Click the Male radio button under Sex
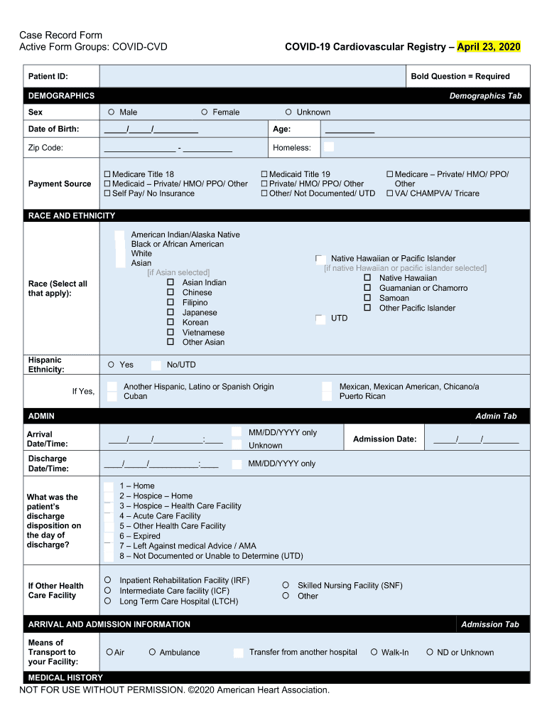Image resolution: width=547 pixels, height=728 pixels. [112, 112]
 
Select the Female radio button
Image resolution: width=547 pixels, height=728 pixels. [205, 112]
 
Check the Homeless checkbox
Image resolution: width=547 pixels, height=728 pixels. [329, 147]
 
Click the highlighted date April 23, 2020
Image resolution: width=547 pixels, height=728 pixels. [489, 47]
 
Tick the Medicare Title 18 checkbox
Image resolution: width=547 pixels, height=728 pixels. [107, 174]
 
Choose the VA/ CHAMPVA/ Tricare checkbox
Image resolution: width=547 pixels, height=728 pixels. [390, 193]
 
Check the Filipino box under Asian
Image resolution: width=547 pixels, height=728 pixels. [170, 302]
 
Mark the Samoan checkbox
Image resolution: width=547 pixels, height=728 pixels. [367, 298]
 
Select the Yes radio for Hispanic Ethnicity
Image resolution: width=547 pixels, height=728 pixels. [111, 365]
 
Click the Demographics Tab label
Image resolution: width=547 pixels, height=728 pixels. [486, 96]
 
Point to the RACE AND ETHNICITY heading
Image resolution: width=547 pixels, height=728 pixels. [71, 215]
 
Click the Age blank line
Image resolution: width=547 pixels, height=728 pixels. [349, 129]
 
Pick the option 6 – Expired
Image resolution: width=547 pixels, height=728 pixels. [109, 536]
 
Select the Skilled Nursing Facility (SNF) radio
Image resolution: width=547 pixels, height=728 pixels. [286, 585]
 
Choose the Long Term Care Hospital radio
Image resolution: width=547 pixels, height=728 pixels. [108, 601]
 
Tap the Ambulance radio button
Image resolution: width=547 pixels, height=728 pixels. [153, 652]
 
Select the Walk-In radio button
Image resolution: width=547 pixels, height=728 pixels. [374, 652]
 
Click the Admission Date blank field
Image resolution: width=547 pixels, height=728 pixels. [476, 440]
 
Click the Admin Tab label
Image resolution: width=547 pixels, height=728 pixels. [496, 416]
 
